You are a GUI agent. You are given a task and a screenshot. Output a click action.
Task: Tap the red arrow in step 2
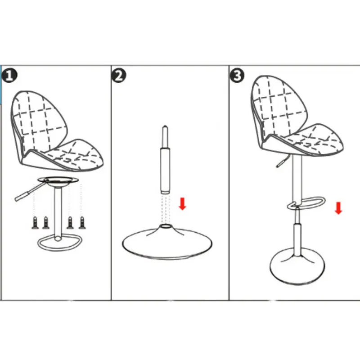coord(182,203)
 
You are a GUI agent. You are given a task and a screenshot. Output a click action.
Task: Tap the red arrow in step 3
coord(338,208)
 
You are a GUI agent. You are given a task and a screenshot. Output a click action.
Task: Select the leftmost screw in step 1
coord(35,222)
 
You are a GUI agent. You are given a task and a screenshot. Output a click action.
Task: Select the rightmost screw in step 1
coord(82,222)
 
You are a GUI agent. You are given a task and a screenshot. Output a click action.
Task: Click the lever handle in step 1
coord(22,195)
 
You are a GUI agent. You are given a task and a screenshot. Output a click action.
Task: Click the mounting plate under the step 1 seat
coord(58,181)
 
